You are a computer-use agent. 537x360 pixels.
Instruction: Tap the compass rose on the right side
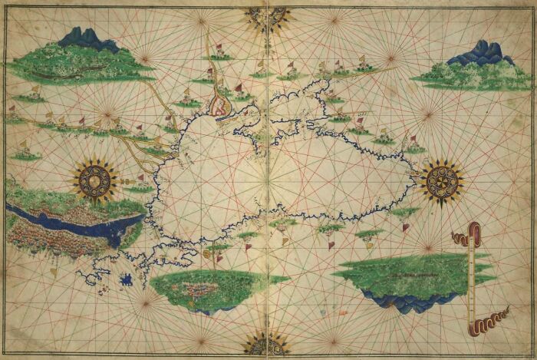tap(442, 182)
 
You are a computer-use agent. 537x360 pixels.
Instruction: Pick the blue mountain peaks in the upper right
tap(480, 54)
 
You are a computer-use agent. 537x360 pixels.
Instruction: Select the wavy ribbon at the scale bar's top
tap(463, 237)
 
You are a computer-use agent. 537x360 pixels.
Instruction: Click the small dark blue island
tap(127, 280)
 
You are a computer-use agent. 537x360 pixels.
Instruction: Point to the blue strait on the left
tap(77, 222)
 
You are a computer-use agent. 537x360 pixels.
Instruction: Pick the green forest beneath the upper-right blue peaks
tap(460, 75)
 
